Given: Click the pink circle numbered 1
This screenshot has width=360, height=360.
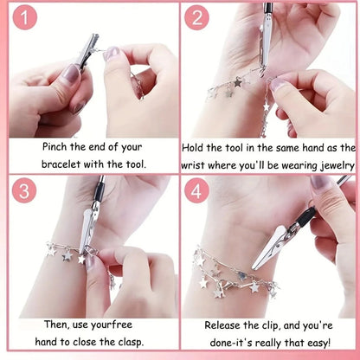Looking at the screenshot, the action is click(x=25, y=17).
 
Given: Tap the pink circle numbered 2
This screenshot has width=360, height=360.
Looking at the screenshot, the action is click(x=196, y=17).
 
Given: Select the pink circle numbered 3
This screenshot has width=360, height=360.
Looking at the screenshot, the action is click(x=24, y=190).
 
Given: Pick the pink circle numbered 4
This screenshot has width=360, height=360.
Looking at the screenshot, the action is click(x=196, y=191).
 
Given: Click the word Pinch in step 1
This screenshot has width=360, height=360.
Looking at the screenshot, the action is click(x=55, y=146).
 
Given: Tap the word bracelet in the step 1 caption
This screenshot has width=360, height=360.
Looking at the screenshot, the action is click(x=61, y=164).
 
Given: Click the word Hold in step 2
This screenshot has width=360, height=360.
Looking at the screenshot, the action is click(x=193, y=148).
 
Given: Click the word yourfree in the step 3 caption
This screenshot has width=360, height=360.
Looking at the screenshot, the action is click(x=112, y=325).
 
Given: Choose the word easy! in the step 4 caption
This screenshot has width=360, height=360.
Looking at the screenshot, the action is click(x=318, y=344).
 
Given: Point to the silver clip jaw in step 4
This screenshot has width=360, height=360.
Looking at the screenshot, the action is click(x=269, y=247).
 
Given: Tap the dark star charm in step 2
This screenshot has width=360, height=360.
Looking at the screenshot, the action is click(x=238, y=83).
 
